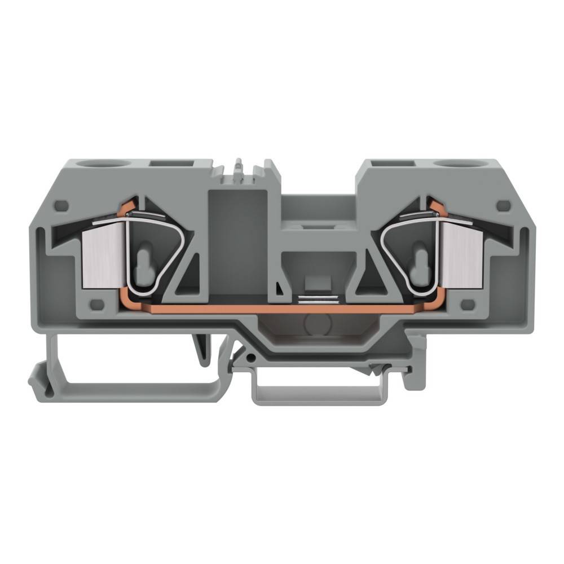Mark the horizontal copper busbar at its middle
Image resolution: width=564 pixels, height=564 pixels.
[282, 309]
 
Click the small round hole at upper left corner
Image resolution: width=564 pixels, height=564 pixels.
[63, 206]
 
